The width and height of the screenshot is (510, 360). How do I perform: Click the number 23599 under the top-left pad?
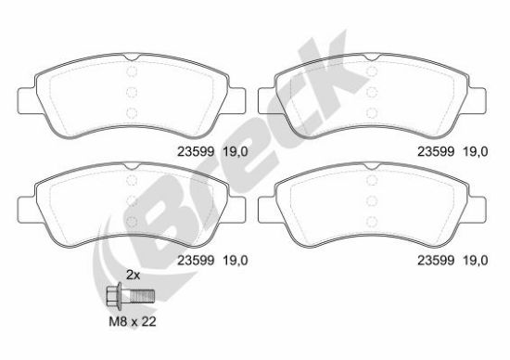click(196, 151)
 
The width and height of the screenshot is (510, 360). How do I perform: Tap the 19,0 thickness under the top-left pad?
click(236, 151)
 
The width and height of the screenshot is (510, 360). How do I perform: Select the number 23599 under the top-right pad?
click(436, 151)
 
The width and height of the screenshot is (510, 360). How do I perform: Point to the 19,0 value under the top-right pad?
click(475, 151)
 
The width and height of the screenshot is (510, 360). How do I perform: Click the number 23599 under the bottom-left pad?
click(196, 260)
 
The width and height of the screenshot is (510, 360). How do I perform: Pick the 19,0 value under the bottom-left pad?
click(236, 260)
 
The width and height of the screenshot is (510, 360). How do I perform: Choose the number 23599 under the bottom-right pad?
click(436, 260)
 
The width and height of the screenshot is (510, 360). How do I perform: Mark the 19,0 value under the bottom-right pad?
click(475, 260)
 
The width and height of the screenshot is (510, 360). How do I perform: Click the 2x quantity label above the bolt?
click(133, 276)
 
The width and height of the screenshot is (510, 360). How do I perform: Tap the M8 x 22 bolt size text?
click(133, 322)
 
